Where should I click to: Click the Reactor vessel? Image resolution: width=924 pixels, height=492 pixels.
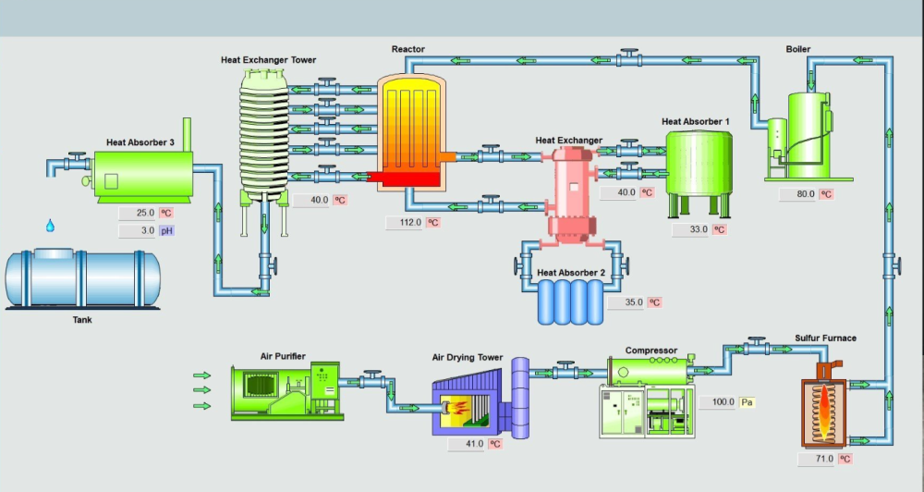[411, 129]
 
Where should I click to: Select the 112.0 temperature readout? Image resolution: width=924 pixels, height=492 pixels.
[405, 223]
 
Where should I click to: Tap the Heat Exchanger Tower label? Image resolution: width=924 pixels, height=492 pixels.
[268, 60]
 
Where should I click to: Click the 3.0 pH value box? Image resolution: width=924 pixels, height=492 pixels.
[139, 231]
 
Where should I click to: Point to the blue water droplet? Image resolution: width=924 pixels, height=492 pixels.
[51, 226]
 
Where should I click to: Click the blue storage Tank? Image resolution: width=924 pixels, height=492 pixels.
[82, 278]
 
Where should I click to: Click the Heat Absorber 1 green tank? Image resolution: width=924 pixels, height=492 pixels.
[699, 163]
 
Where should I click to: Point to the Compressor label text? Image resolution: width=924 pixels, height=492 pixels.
[651, 351]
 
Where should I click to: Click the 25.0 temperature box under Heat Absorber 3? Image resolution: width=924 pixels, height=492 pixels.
[139, 213]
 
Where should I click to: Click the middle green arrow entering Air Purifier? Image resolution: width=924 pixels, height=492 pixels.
[201, 390]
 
